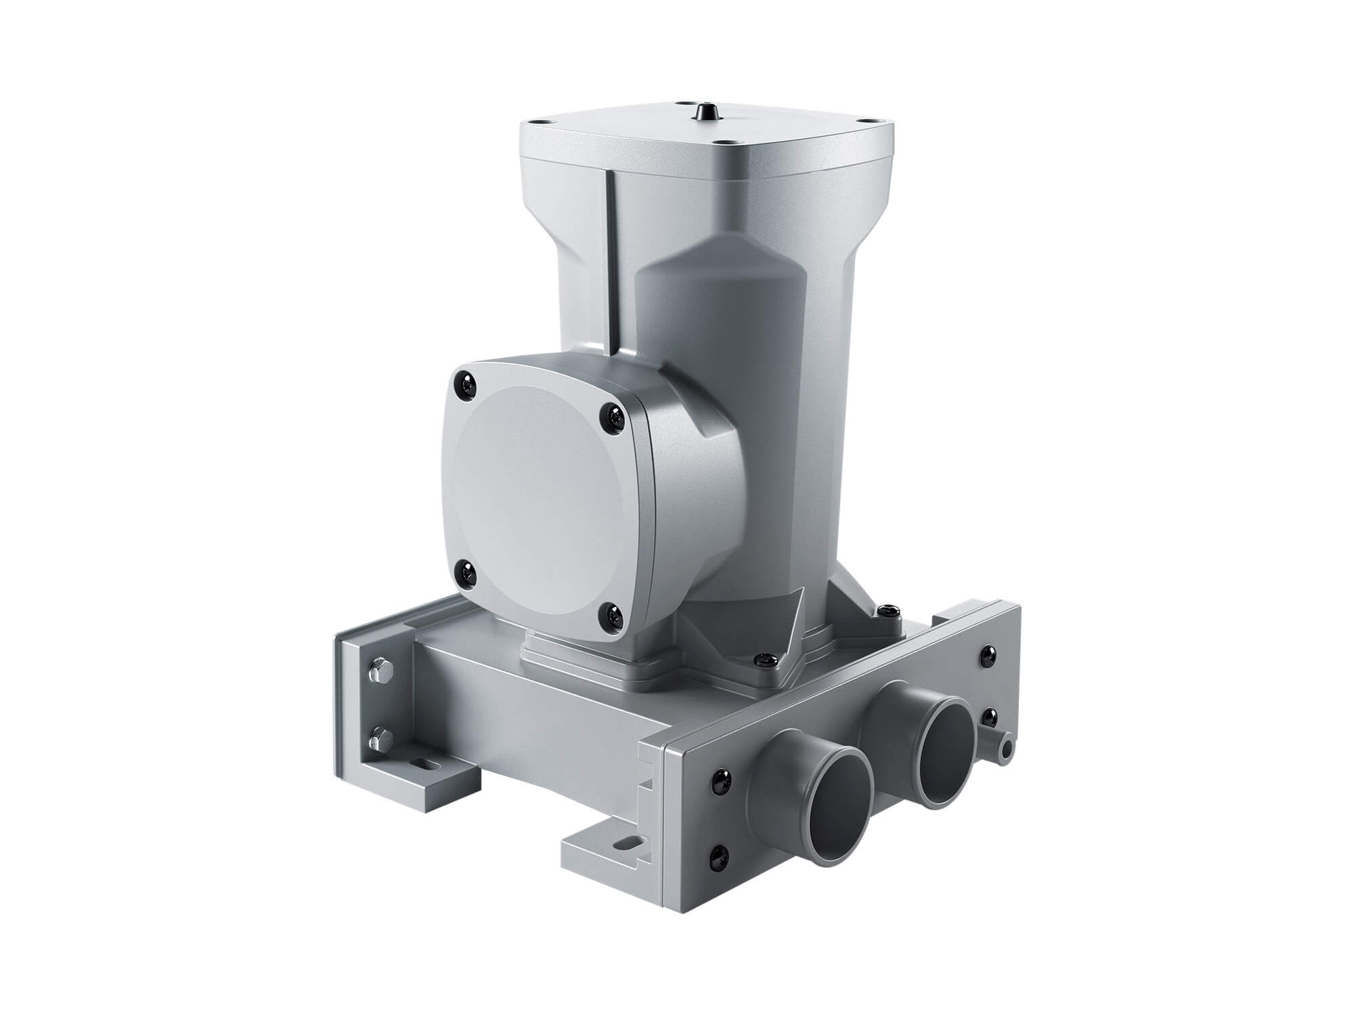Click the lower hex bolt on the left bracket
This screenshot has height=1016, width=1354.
(x=378, y=736)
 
